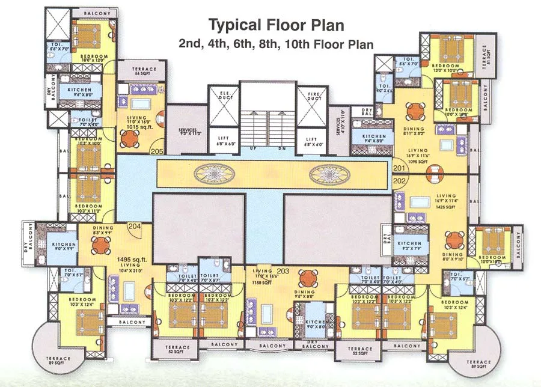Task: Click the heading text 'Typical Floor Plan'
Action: [276, 25]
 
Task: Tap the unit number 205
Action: [157, 151]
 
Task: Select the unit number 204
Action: [135, 227]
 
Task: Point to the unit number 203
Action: [284, 271]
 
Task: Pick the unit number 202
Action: [400, 180]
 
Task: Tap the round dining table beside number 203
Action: [307, 278]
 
